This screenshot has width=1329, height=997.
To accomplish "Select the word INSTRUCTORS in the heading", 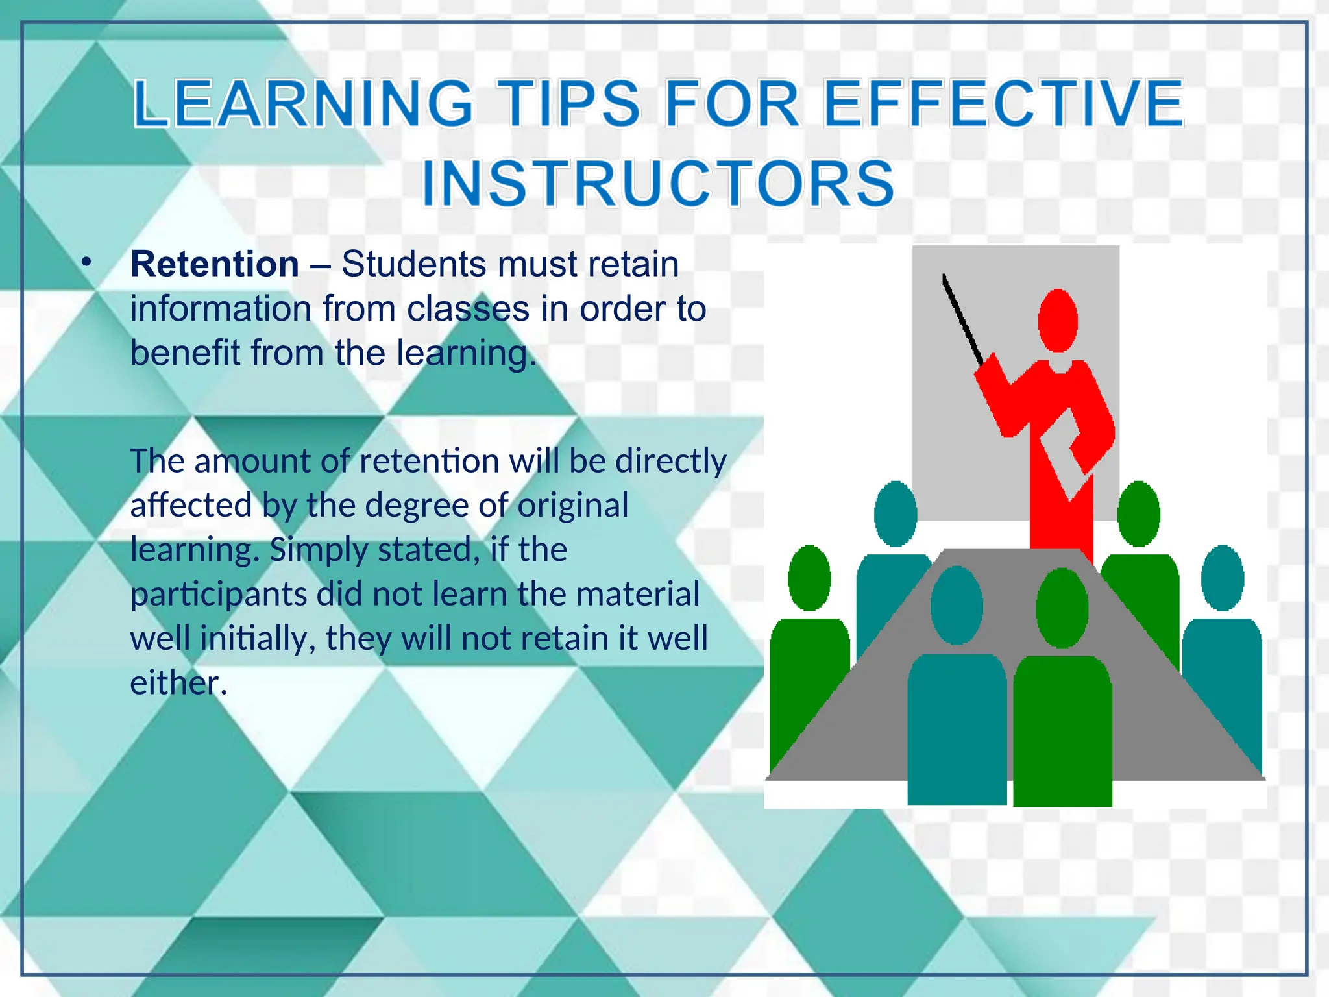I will point(658,184).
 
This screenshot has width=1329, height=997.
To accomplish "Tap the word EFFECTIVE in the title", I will point(1003,104).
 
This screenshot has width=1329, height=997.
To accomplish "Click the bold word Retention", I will point(215,264).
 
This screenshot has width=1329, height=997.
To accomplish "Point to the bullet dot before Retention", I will point(86,262).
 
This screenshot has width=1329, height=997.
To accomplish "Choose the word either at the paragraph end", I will point(178,683).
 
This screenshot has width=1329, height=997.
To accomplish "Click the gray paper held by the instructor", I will point(1064,454).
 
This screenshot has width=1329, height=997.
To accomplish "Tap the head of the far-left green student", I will point(809,578).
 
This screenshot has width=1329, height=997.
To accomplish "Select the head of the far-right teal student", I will point(1223,578).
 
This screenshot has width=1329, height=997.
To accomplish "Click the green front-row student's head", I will point(1062,608).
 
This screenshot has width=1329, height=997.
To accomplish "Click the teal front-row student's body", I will point(957,727).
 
